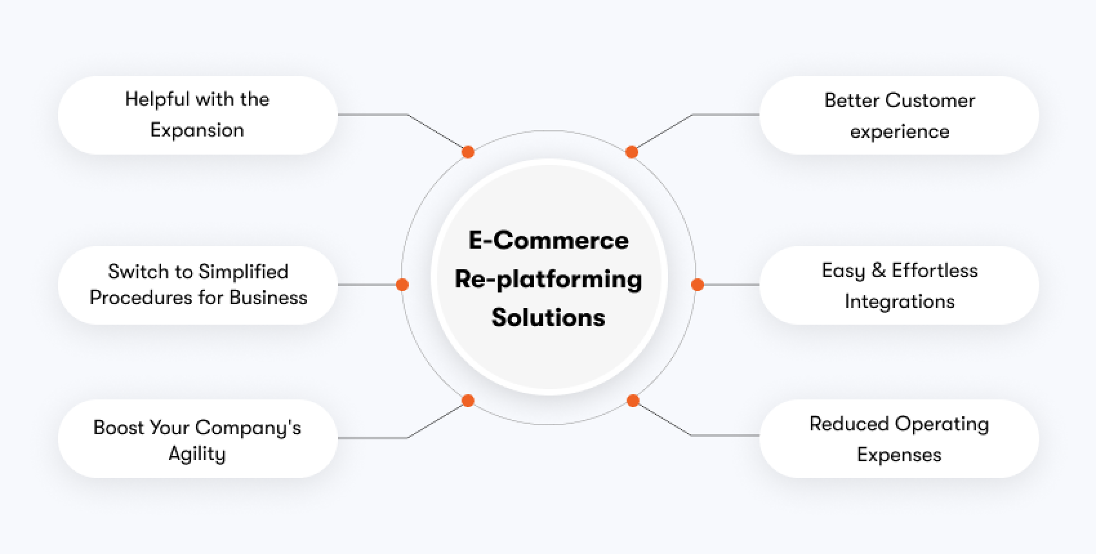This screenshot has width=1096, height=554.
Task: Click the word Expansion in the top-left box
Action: [197, 130]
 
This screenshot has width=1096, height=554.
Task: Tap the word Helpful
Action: [157, 99]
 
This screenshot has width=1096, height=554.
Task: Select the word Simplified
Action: [243, 272]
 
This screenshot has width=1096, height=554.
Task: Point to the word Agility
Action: [197, 454]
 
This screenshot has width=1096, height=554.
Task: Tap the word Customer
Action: [930, 100]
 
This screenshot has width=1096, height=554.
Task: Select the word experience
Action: [899, 131]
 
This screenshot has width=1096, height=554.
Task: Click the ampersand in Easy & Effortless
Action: [878, 271]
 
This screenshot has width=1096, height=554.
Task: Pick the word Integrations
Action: [899, 301]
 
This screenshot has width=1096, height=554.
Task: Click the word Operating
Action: [942, 425]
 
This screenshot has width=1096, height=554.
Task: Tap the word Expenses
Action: [899, 455]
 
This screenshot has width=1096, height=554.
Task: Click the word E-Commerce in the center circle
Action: [548, 240]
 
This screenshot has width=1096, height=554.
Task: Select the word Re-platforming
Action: [548, 280]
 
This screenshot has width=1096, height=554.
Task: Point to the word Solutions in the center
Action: [548, 318]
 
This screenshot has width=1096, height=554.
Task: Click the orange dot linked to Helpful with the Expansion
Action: [468, 152]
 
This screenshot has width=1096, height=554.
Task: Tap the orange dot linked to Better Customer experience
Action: [632, 152]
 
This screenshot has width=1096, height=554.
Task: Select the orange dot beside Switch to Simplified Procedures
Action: [402, 285]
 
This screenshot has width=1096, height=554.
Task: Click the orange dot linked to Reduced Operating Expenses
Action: [632, 401]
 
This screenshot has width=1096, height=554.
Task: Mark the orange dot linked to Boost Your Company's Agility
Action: [468, 401]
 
